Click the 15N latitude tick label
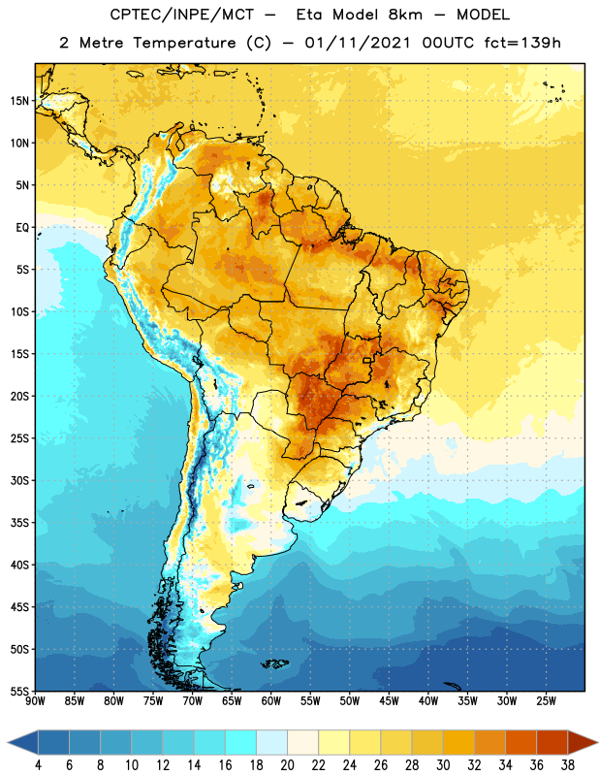point(19,101)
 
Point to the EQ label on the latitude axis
point(22,228)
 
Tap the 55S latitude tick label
point(19,691)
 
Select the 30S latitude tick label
point(19,480)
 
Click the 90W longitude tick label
point(35,701)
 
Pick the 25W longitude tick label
point(546,701)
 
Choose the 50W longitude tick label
point(350,701)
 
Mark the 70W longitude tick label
point(193,701)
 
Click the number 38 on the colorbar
point(567,765)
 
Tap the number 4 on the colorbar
point(38,765)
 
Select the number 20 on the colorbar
point(287,765)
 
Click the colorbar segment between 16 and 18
point(240,743)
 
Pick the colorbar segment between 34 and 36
point(520,743)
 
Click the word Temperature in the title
point(184,43)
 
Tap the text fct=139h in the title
point(522,43)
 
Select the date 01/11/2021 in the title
point(357,43)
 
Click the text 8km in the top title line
point(405,15)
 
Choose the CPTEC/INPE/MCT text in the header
point(181,15)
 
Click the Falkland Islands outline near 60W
point(274,663)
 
